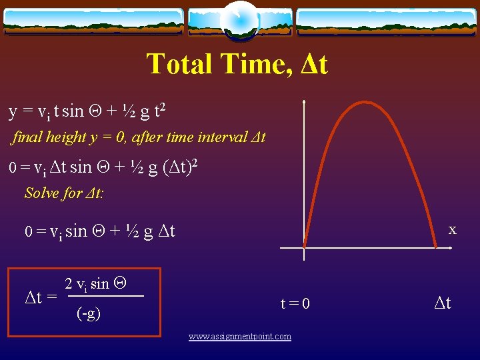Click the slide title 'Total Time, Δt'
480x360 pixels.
tap(237, 64)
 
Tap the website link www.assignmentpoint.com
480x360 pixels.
tap(239, 337)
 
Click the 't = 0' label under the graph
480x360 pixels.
tap(295, 304)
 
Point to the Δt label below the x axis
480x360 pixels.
tap(443, 303)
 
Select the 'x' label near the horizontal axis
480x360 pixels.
tap(452, 229)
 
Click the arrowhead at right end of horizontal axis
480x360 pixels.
tap(452, 248)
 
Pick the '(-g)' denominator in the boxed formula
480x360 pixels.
tap(89, 313)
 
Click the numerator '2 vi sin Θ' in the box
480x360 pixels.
tap(96, 284)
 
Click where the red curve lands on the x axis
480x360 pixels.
tap(436, 247)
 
